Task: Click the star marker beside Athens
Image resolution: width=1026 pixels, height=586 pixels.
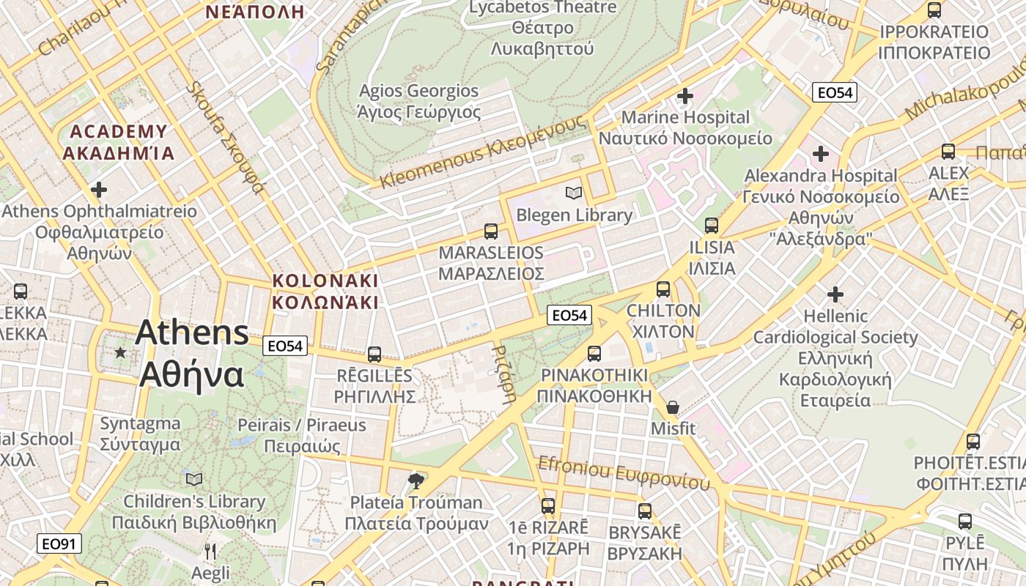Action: coord(121,352)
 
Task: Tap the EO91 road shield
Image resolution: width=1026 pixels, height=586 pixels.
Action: coord(59,544)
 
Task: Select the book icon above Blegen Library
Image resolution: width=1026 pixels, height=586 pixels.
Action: coord(574,193)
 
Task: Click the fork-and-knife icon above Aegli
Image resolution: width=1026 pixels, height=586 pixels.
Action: coord(210,551)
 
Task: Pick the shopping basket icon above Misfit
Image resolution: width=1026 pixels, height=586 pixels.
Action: coord(673,407)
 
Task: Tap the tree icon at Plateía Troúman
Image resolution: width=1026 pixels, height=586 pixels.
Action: coord(416,481)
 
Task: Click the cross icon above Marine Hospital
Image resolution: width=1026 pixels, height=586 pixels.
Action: coord(685,96)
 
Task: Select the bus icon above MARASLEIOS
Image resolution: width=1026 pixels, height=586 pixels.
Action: coord(491,231)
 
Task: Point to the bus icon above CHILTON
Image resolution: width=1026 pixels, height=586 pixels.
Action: coord(663,289)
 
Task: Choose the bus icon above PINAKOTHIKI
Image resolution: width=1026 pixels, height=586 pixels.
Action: coord(594,353)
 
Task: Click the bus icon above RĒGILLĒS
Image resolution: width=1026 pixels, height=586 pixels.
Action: coord(374,355)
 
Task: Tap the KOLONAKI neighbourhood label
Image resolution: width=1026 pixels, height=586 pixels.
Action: coord(325,281)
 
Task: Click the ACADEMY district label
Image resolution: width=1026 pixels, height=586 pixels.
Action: coord(119,132)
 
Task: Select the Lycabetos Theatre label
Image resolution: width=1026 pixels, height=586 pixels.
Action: coord(542,8)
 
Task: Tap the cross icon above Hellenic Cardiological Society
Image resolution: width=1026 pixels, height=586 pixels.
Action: coord(835,294)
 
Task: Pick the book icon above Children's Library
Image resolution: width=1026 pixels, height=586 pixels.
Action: coord(194,479)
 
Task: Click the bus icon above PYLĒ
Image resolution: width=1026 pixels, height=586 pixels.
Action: coord(965,522)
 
